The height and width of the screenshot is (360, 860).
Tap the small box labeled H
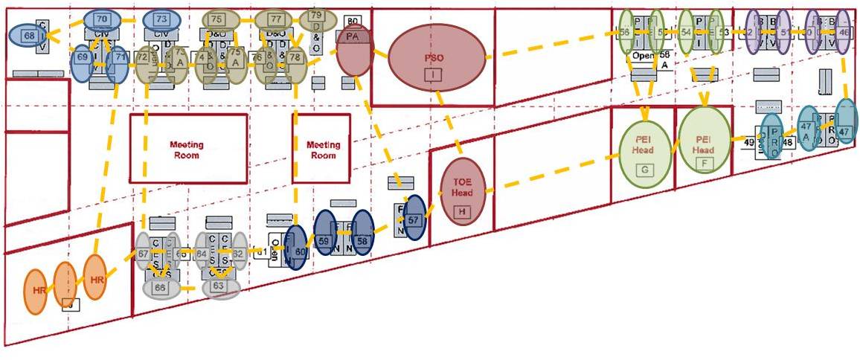463,212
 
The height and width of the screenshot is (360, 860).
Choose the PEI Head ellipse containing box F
703,144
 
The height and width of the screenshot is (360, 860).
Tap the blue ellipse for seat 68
29,35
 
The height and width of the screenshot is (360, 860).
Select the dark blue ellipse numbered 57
414,219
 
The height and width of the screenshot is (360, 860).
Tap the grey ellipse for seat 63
219,286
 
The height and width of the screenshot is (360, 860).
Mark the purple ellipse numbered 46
843,33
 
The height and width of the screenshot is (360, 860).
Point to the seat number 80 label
353,20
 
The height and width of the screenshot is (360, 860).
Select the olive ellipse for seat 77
276,19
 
